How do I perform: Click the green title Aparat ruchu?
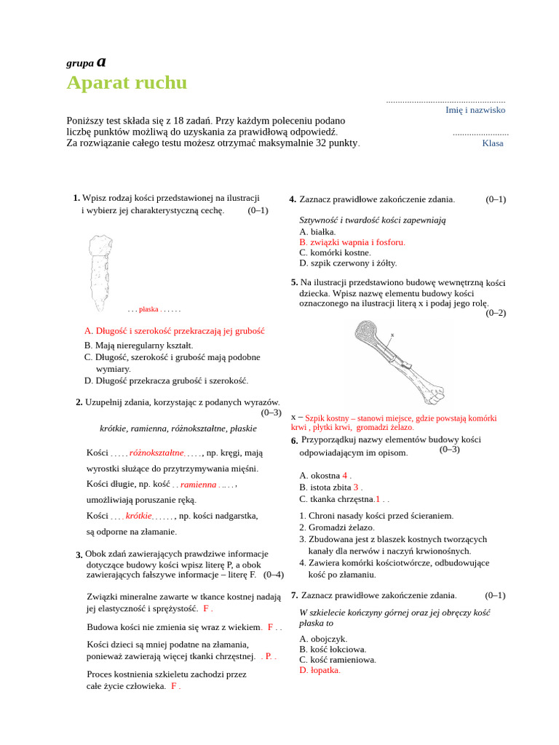pyautogui.click(x=127, y=83)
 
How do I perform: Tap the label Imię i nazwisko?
pyautogui.click(x=475, y=110)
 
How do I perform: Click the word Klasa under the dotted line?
pyautogui.click(x=493, y=143)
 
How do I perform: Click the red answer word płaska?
pyautogui.click(x=149, y=309)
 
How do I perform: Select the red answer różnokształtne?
pyautogui.click(x=156, y=453)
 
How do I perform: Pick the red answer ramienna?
pyautogui.click(x=199, y=485)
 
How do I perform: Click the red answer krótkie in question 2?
pyautogui.click(x=138, y=516)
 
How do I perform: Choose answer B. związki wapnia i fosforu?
pyautogui.click(x=352, y=242)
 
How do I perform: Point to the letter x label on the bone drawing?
pyautogui.click(x=392, y=335)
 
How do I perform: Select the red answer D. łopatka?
pyautogui.click(x=320, y=670)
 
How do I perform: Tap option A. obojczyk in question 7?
pyautogui.click(x=323, y=639)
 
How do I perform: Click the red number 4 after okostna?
pyautogui.click(x=345, y=475)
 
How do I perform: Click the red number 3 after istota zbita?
pyautogui.click(x=356, y=487)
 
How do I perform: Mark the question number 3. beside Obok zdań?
pyautogui.click(x=79, y=555)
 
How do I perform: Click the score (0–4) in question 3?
pyautogui.click(x=273, y=574)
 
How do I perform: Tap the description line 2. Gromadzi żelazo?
pyautogui.click(x=337, y=527)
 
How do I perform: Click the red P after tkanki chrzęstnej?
pyautogui.click(x=268, y=656)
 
